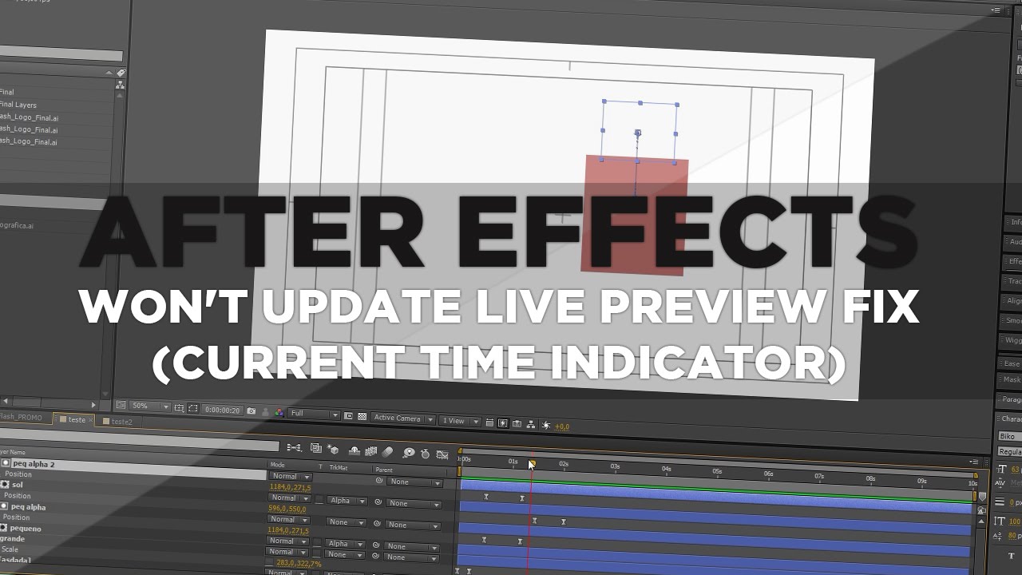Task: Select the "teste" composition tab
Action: pos(77,420)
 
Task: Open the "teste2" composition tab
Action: pos(121,421)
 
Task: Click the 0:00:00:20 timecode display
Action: pos(223,410)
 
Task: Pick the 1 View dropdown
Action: pos(458,421)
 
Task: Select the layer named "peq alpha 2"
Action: pos(34,464)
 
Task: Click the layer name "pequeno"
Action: pos(26,529)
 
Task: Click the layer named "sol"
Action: pos(18,485)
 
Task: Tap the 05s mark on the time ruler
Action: pos(716,471)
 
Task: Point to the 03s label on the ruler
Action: pos(615,466)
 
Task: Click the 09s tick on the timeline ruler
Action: pos(921,481)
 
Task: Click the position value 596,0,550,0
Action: pos(287,509)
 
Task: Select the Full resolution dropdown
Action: pos(312,414)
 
